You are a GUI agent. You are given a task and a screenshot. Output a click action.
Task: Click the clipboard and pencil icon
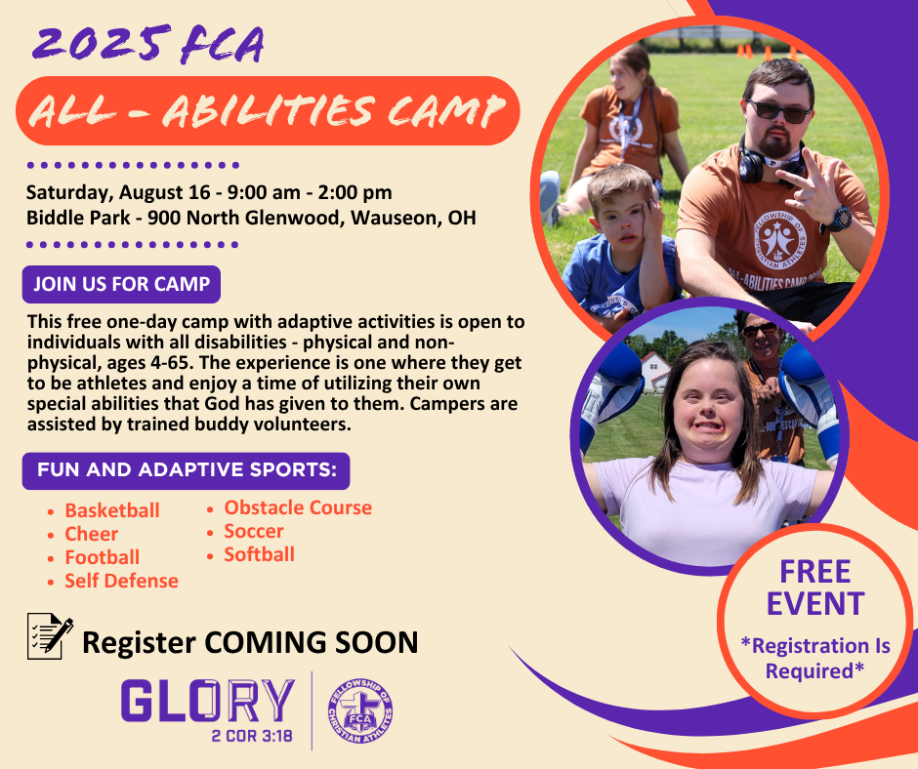51,636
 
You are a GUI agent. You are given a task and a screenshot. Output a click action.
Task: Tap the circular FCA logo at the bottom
360,711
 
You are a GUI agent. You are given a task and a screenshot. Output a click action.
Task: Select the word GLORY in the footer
208,700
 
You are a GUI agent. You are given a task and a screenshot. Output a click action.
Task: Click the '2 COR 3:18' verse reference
252,736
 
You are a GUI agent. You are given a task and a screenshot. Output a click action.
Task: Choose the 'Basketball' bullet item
112,510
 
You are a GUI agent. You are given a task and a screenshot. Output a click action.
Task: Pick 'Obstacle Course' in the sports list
298,507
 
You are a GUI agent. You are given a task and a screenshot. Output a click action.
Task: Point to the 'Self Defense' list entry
121,581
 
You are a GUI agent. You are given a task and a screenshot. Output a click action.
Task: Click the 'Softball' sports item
260,554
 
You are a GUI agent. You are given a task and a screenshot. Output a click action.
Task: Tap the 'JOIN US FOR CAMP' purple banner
121,284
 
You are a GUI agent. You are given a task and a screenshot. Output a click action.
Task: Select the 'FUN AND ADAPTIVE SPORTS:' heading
187,470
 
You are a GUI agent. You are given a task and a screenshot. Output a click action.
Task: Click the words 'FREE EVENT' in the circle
814,587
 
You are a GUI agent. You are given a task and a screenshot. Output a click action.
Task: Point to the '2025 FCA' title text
148,45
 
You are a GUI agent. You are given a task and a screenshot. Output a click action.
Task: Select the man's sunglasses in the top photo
779,110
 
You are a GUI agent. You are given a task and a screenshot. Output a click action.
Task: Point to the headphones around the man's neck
761,162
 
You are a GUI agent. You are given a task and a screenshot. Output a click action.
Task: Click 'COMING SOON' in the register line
311,642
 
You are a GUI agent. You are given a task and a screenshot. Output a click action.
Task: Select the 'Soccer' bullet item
254,531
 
